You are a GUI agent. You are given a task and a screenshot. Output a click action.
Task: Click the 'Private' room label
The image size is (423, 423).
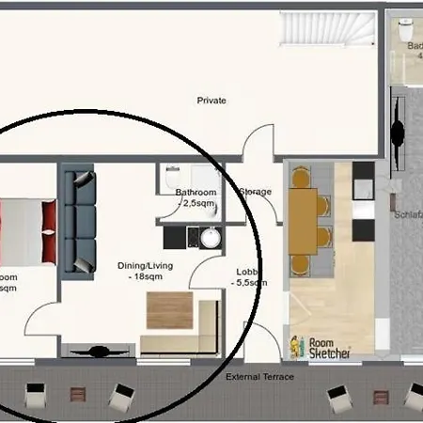211,100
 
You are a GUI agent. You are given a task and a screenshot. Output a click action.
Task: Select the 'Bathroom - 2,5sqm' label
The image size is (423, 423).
196,196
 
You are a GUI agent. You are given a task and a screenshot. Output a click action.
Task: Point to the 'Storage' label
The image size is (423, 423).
255,192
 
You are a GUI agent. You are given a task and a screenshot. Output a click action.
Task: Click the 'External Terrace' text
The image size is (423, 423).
259,377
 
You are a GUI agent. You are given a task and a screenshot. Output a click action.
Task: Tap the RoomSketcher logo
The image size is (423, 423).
318,348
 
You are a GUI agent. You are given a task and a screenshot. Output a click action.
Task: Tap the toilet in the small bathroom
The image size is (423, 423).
172,177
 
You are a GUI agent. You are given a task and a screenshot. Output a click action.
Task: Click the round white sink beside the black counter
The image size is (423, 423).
210,239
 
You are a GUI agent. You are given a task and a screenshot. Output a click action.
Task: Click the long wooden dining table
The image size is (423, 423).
301,223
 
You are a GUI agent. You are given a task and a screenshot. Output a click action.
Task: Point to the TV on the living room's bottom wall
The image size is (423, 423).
99,352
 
